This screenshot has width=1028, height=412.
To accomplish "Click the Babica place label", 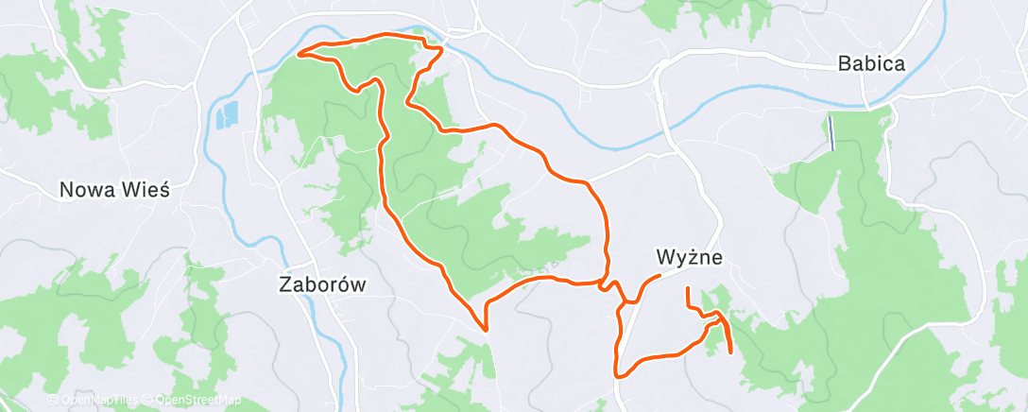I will click(871, 65).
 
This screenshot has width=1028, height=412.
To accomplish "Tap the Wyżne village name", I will click(689, 256).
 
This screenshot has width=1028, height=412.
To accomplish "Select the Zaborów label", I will click(322, 283).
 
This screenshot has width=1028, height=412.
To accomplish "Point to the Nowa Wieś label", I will click(114, 189).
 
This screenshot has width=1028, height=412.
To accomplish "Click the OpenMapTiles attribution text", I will click(97, 400).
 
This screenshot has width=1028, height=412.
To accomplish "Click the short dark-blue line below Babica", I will click(831, 133).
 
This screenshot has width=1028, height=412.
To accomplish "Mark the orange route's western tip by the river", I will click(300, 53).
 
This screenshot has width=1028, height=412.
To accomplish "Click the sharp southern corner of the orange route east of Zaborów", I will click(485, 330).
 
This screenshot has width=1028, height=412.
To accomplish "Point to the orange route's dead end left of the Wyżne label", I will click(659, 275).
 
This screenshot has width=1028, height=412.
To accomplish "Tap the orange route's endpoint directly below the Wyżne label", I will click(688, 288).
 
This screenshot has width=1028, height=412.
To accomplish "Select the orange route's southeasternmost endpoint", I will click(731, 352).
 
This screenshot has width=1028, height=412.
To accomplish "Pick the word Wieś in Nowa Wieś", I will click(146, 189).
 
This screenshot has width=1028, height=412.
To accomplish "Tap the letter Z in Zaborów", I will click(285, 283).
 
